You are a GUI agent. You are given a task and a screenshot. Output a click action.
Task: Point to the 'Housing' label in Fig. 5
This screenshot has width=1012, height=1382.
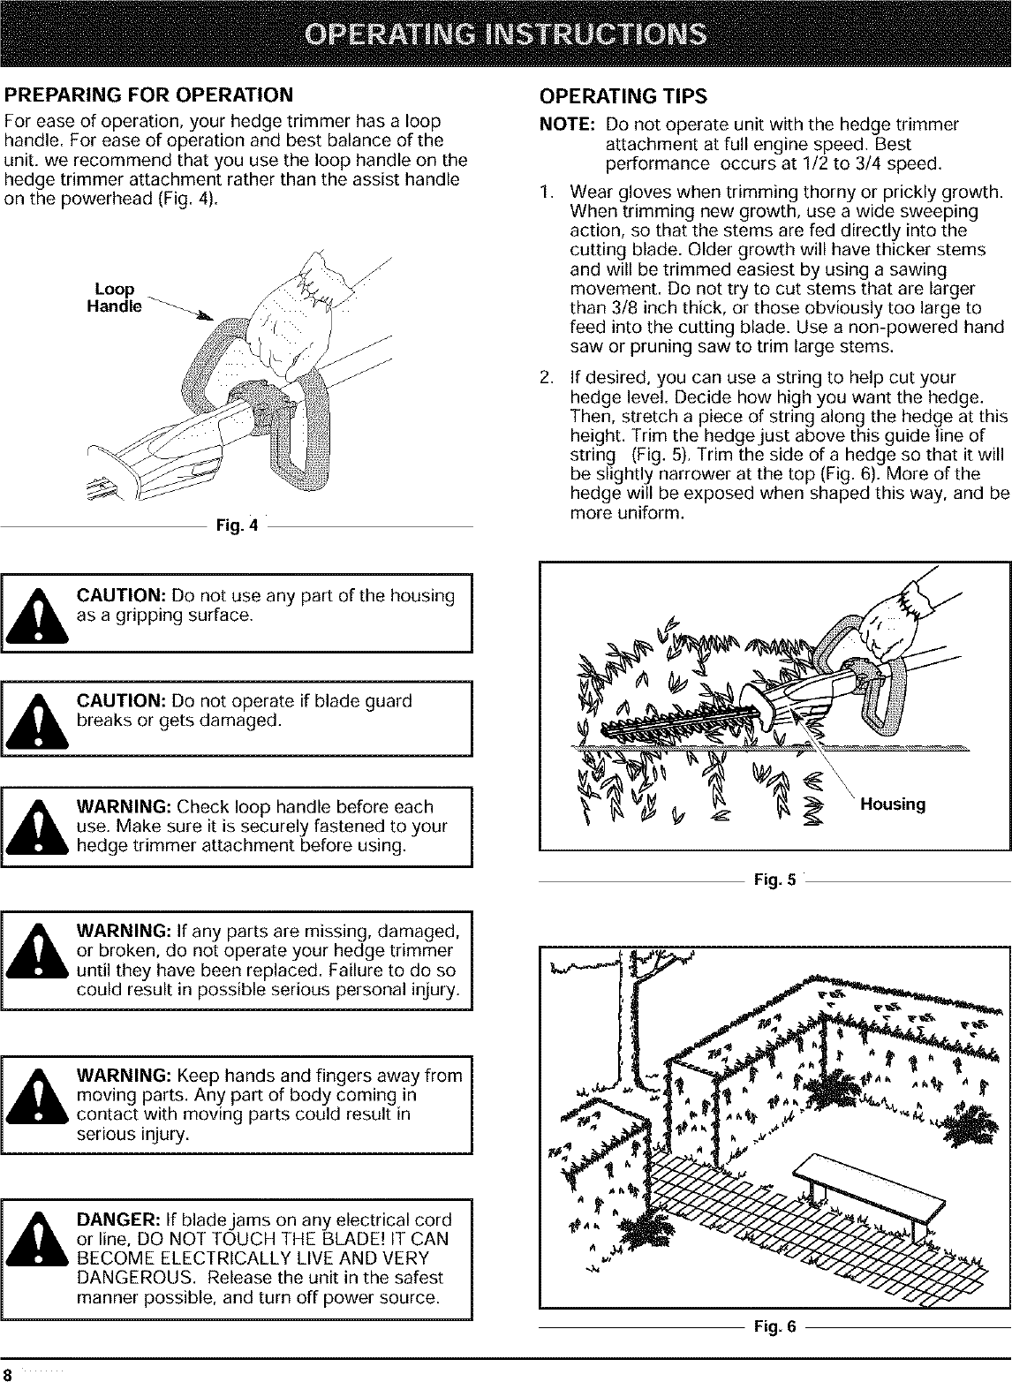coord(893,804)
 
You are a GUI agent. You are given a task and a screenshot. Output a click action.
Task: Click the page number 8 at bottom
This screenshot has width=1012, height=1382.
coord(7,1374)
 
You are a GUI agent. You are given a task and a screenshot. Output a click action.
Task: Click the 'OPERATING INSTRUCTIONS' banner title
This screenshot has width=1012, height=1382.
coord(505,34)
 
